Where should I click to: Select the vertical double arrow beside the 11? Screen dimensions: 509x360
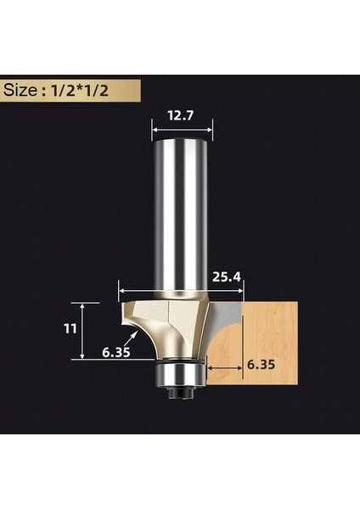pos(82,331)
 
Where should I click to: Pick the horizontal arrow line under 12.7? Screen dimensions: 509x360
pos(182,129)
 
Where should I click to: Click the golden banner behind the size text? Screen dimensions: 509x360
pos(127,90)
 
